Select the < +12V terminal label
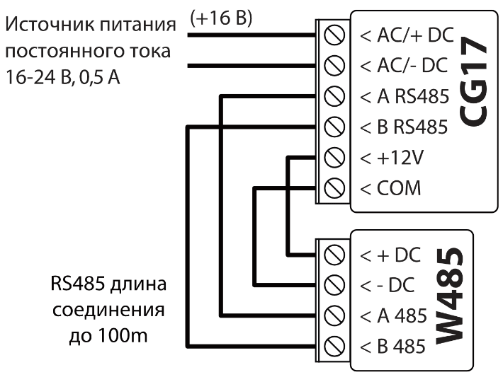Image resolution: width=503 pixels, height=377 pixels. [391, 158]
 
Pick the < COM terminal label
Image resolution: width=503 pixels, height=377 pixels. [390, 188]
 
